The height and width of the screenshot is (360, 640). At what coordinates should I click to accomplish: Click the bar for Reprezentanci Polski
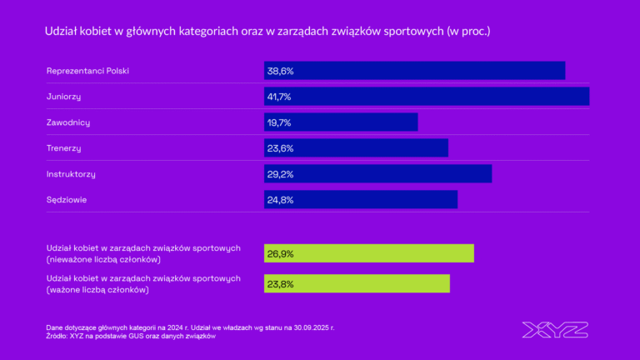(414, 71)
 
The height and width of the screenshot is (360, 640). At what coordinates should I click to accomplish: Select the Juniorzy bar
(427, 97)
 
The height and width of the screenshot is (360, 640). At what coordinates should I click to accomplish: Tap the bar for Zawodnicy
(341, 122)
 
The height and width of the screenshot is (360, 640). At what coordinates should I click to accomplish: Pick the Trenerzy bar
(356, 148)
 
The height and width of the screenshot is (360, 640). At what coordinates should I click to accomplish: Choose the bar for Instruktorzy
(377, 174)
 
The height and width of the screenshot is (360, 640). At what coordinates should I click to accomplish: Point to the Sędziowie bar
(361, 200)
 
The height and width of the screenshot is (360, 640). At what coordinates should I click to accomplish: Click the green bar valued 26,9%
(369, 253)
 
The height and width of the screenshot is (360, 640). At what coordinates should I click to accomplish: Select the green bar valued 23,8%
(357, 283)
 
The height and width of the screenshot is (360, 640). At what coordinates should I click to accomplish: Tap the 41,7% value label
(279, 97)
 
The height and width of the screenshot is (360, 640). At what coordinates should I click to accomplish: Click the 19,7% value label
(279, 122)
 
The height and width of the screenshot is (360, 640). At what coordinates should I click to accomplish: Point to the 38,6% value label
(280, 71)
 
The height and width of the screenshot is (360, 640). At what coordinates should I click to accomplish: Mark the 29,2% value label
(280, 174)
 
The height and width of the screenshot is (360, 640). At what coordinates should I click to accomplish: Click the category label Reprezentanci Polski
(87, 71)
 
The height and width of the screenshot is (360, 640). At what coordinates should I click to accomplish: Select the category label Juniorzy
(63, 97)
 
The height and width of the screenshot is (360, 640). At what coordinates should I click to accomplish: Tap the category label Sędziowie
(67, 200)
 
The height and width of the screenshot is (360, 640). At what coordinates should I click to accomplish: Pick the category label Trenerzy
(63, 148)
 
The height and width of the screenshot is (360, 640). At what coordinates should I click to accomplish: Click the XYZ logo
(555, 329)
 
